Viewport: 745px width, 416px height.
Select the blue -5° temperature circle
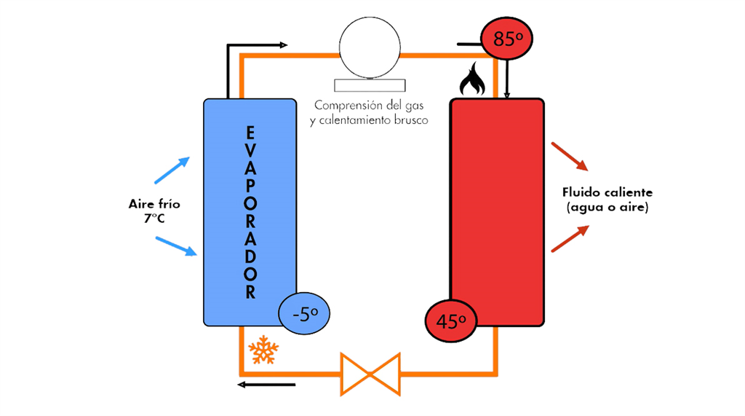pyautogui.click(x=305, y=313)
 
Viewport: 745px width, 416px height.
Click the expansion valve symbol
pyautogui.click(x=371, y=374)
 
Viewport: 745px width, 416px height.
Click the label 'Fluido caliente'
pyautogui.click(x=607, y=193)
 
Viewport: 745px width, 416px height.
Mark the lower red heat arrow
pyautogui.click(x=570, y=238)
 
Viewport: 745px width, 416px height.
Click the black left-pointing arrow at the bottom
pyautogui.click(x=267, y=384)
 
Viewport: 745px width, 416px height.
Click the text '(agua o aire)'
pyautogui.click(x=607, y=208)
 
